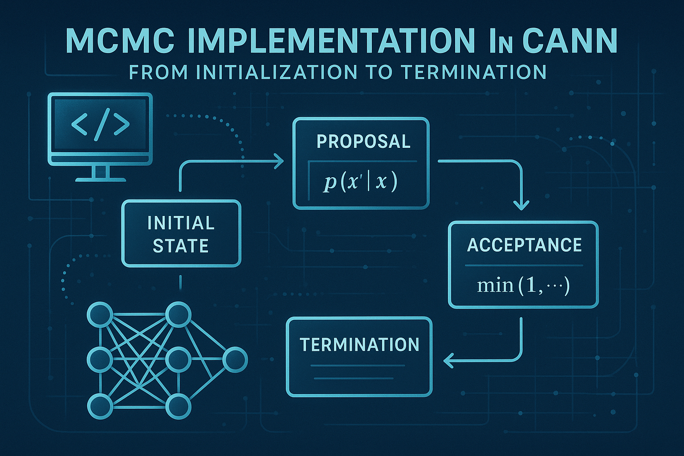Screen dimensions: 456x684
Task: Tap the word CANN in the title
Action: (x=570, y=41)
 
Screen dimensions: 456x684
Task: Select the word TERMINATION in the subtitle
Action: (x=474, y=72)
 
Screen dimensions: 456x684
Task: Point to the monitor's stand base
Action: (x=100, y=179)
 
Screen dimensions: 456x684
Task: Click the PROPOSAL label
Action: (x=363, y=142)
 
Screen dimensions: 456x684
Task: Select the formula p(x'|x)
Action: (x=360, y=182)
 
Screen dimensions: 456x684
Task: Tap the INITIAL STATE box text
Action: (x=181, y=234)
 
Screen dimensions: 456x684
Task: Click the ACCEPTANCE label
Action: (x=524, y=245)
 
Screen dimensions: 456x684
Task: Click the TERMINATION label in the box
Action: (x=359, y=345)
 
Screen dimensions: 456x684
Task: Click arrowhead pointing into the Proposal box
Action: (x=279, y=161)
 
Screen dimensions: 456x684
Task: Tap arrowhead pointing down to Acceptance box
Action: (x=521, y=205)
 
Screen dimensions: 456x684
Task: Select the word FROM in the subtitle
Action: (x=158, y=72)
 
